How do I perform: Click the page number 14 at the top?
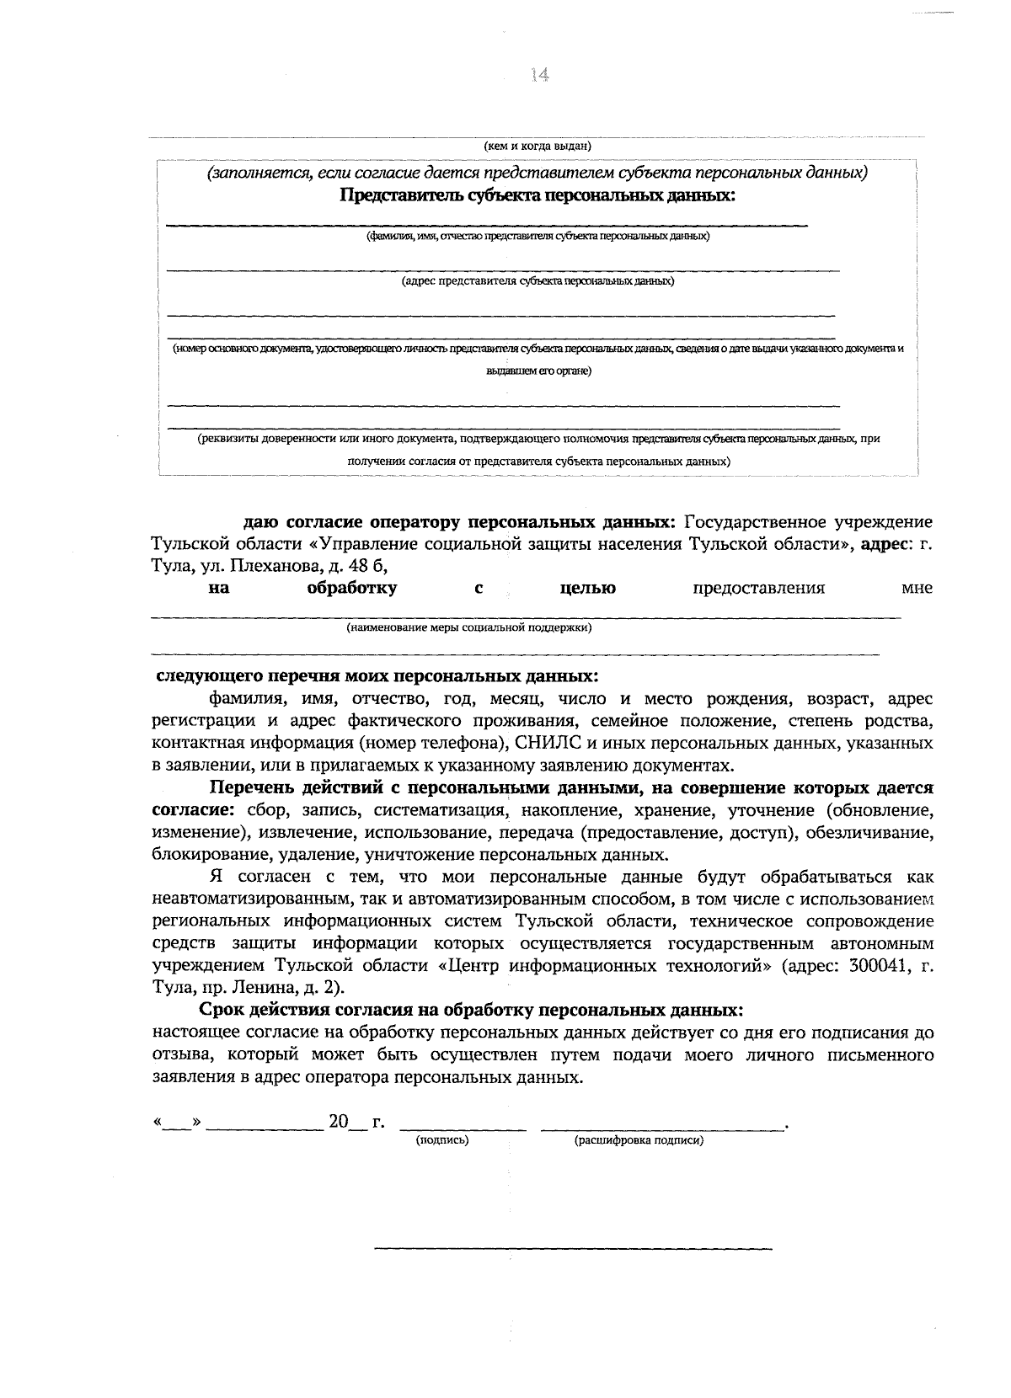540,75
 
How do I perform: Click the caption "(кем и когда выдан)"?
539,146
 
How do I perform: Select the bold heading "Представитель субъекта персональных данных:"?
537,196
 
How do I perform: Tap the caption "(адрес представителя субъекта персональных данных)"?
538,280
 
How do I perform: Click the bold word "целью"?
587,588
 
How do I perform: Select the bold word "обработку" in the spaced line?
352,588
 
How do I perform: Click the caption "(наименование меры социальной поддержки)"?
469,627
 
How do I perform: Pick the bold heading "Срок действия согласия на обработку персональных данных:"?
472,1010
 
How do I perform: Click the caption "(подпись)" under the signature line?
442,1140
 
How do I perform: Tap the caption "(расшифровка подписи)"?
639,1140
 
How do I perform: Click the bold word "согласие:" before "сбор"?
192,810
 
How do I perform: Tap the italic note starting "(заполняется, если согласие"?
538,173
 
